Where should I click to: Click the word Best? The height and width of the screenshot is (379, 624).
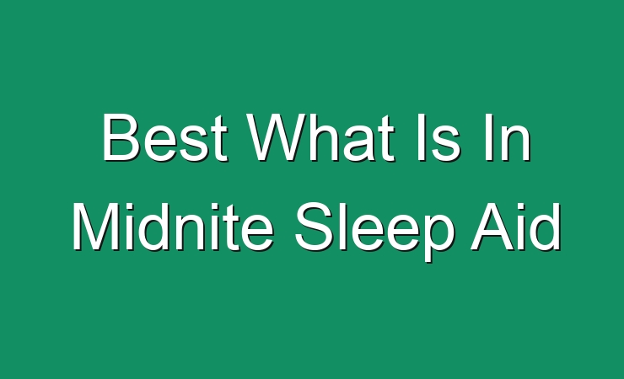tap(165, 137)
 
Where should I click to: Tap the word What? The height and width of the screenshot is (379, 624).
tap(320, 137)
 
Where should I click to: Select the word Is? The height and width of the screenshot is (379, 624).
tap(438, 137)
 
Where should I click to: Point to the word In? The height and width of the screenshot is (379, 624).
tap(508, 137)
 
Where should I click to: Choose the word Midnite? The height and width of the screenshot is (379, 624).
tap(173, 227)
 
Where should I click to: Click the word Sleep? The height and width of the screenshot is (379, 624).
tap(374, 232)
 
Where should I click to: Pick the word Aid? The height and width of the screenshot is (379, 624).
tap(516, 227)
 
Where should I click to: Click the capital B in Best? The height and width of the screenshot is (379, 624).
tap(121, 137)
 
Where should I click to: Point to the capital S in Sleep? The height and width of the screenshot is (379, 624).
tap(315, 227)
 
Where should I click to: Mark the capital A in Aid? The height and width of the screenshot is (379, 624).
tap(493, 227)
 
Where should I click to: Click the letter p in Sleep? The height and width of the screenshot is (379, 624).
tap(438, 237)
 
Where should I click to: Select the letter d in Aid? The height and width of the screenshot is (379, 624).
tap(545, 227)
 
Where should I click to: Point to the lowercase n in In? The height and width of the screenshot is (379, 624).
tap(516, 143)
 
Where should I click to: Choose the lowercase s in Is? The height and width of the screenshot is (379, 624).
tap(445, 144)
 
